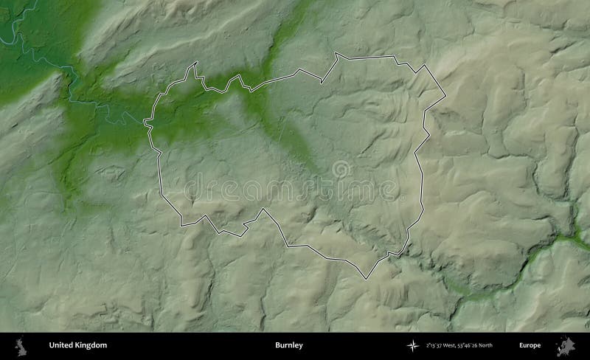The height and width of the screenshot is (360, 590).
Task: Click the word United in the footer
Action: (x=61, y=345)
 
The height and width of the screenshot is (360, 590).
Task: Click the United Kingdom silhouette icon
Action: (x=22, y=345)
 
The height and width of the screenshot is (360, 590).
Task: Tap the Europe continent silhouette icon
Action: (x=569, y=345)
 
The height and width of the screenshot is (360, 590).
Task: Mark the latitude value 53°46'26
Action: (x=471, y=345)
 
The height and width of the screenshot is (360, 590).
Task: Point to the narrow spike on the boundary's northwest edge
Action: (x=195, y=66)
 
